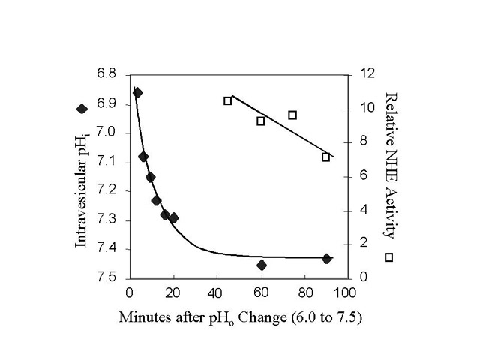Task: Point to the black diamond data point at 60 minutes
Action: point(261,265)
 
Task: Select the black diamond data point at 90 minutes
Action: point(326,258)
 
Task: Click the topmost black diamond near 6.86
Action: point(137,93)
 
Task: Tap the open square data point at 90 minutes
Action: point(325,157)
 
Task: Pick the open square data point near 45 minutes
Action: point(228,100)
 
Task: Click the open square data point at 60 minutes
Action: point(261,121)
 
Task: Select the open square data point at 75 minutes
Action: point(292,115)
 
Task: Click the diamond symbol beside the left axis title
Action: point(82,108)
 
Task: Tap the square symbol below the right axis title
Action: point(389,257)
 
